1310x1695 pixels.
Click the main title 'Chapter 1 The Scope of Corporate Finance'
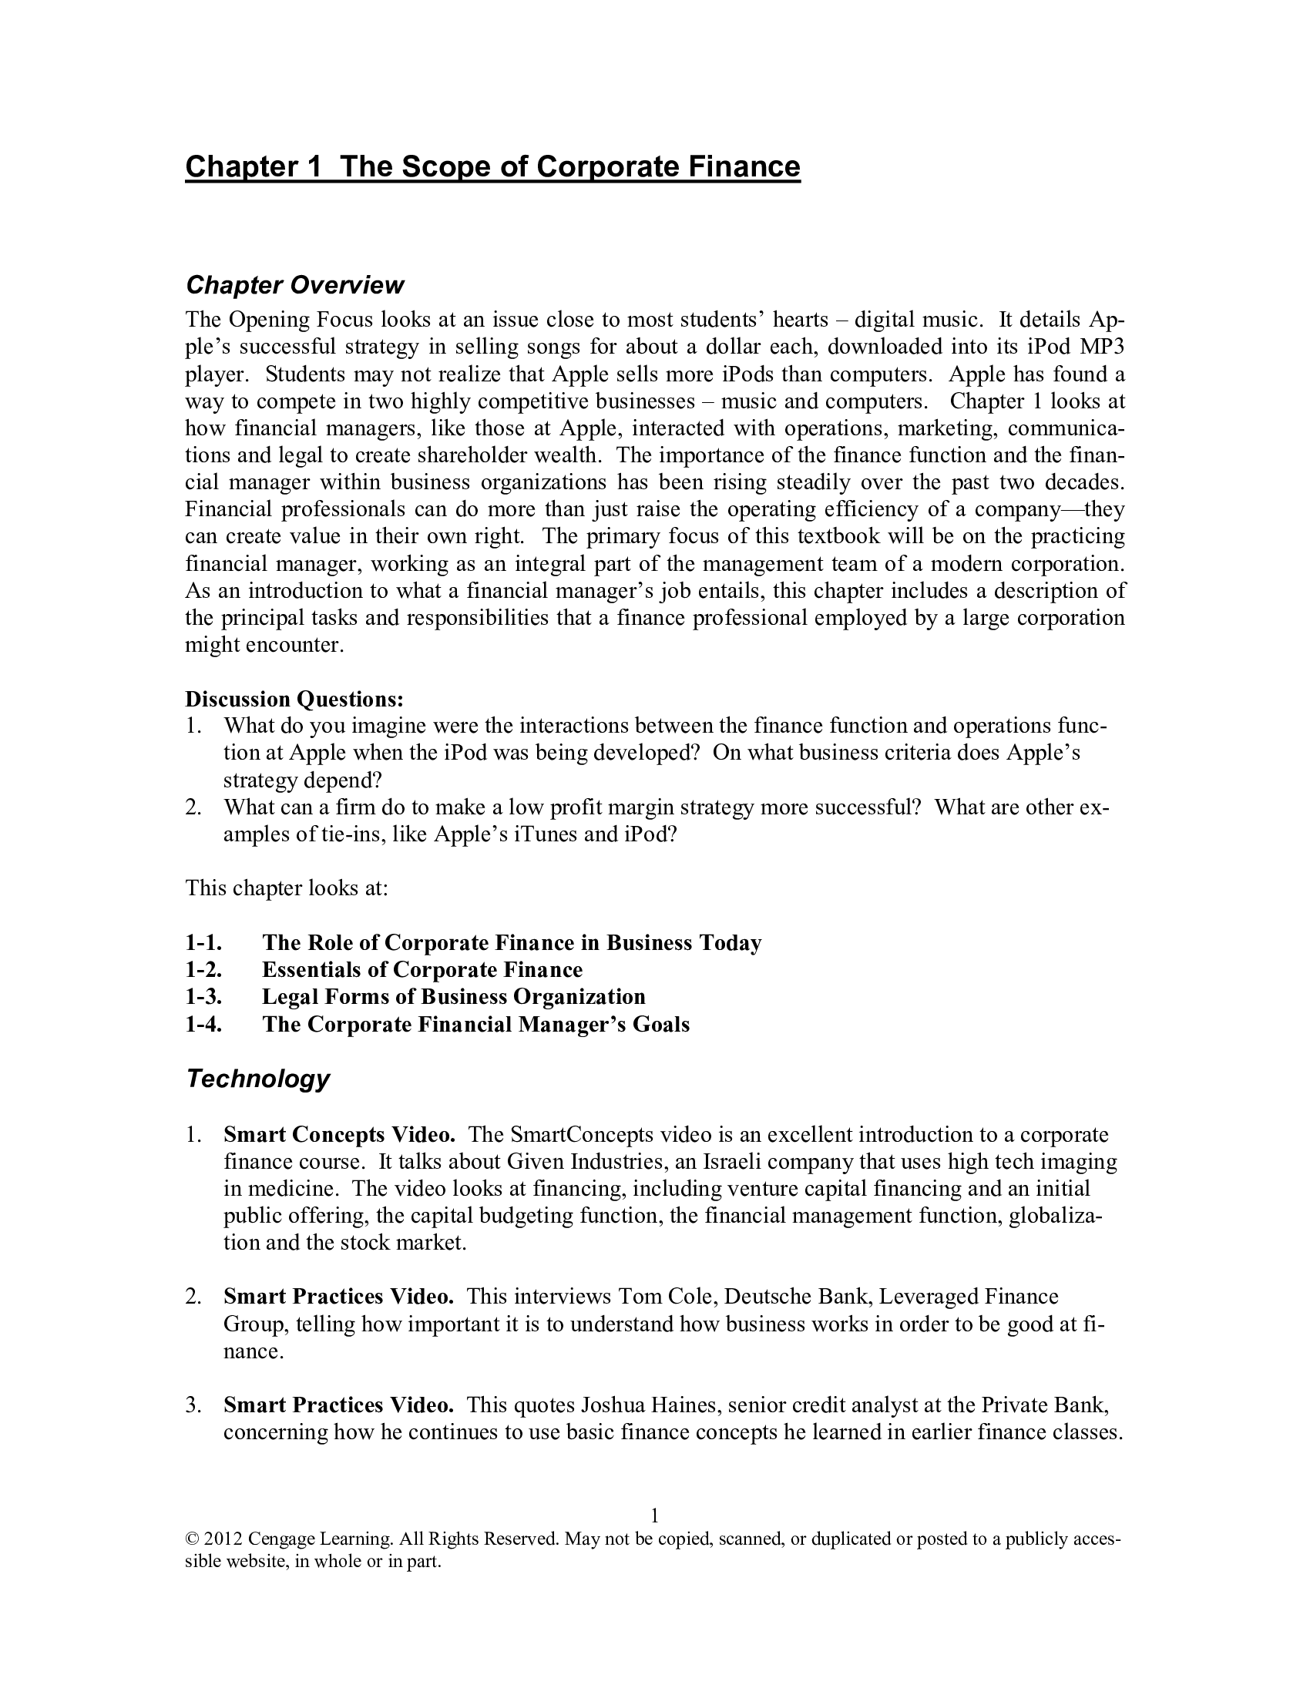pos(492,167)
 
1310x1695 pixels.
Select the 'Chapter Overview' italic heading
pos(294,285)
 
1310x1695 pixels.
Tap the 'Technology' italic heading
pos(257,1078)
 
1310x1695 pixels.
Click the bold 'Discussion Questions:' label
pos(294,699)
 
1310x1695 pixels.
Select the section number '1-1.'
pos(203,942)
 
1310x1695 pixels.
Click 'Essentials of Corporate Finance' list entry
pos(422,969)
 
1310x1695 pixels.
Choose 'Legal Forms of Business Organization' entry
pos(453,996)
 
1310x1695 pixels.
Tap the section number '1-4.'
pos(203,1025)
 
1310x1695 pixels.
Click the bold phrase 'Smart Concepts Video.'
pos(339,1135)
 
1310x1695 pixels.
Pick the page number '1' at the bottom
pos(654,1515)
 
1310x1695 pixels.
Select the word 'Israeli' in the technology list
pos(736,1162)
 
